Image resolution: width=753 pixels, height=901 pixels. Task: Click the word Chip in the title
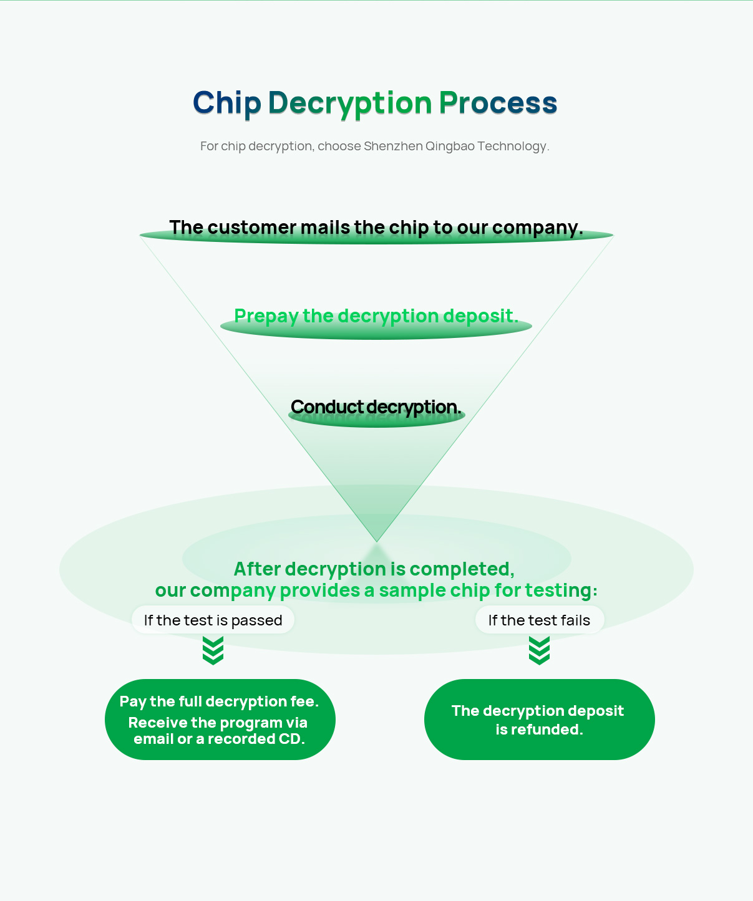[226, 104]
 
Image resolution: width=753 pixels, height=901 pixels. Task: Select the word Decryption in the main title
[349, 104]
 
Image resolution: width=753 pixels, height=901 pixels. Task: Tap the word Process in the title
[498, 104]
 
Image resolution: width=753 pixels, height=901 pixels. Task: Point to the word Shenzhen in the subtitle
[393, 146]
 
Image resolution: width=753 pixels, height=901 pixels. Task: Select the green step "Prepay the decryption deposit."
[376, 316]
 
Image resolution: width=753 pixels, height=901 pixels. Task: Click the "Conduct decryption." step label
[376, 407]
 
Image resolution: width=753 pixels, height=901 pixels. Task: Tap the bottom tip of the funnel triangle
[377, 540]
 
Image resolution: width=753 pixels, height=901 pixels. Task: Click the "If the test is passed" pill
[213, 620]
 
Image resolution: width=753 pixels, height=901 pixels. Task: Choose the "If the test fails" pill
[539, 620]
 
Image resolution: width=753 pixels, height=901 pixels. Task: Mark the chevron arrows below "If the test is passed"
[213, 650]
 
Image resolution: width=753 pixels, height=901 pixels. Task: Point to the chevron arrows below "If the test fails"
[539, 650]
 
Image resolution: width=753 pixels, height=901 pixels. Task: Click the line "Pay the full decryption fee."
[219, 701]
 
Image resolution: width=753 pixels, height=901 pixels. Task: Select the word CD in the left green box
[289, 739]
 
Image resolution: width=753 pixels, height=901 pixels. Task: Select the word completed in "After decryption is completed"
[462, 569]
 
